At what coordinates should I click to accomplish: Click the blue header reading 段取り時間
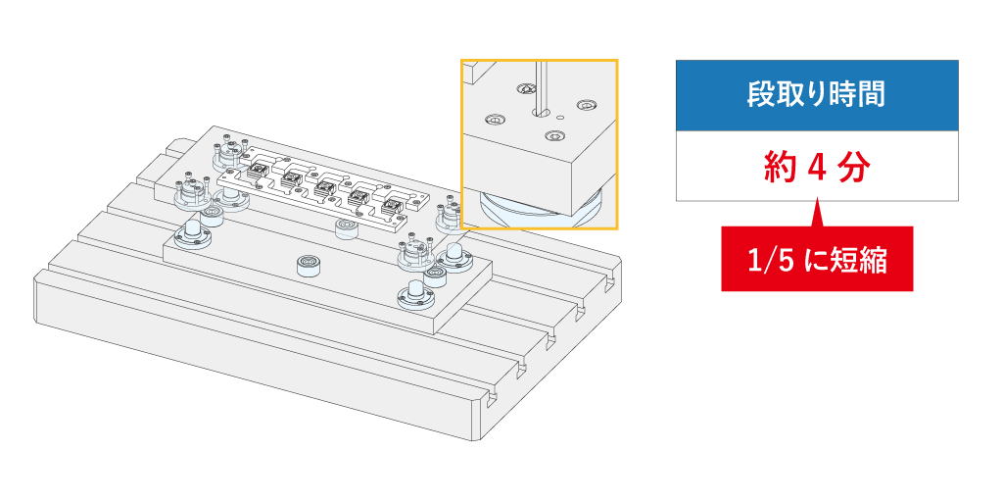click(816, 95)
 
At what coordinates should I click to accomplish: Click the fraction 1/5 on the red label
click(767, 261)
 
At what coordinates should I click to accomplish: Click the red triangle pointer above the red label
click(816, 214)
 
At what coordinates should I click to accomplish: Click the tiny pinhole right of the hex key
click(559, 115)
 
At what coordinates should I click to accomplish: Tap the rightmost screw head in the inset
click(587, 104)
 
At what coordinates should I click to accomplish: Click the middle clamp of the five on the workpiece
click(325, 186)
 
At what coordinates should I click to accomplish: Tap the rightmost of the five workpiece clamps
click(392, 205)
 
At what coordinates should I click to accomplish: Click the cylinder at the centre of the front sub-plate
click(310, 265)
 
